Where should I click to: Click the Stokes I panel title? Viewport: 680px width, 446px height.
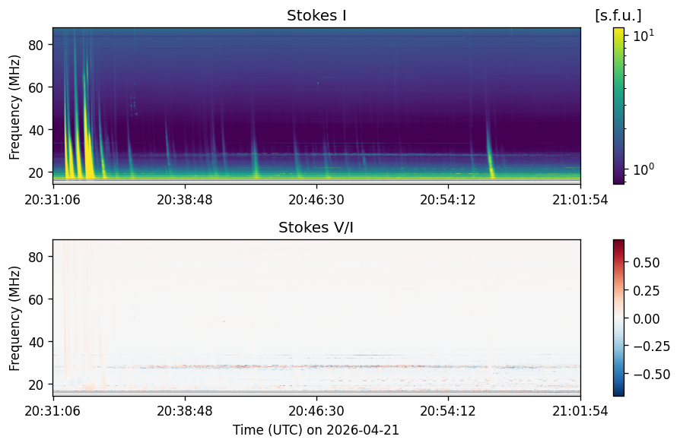tap(316, 16)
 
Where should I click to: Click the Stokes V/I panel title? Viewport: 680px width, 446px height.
tap(316, 228)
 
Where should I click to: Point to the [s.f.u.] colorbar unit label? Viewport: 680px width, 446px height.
tap(618, 16)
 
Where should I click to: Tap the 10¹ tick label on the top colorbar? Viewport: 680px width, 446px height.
tap(643, 36)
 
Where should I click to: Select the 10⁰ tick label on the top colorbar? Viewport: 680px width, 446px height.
tap(643, 169)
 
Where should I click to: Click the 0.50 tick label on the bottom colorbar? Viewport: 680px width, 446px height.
tap(647, 263)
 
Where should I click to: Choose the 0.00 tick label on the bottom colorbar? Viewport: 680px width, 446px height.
tap(647, 318)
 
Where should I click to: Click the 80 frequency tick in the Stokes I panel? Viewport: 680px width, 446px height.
tap(36, 45)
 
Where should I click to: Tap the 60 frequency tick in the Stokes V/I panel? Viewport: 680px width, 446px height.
tap(36, 299)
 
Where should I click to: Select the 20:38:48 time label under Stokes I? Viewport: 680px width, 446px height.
tap(185, 200)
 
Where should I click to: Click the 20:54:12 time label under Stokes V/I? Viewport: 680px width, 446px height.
tap(447, 411)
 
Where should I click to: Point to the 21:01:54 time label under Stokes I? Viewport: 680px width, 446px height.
tap(580, 200)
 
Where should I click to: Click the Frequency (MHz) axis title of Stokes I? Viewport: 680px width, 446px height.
tap(14, 107)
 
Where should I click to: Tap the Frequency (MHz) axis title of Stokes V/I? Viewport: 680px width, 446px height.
tap(14, 318)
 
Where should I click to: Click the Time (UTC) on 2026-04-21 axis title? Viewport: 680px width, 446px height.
tap(316, 430)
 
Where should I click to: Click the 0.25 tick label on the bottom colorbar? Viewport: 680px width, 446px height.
tap(647, 290)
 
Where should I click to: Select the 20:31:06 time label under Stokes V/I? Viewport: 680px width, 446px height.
tap(52, 411)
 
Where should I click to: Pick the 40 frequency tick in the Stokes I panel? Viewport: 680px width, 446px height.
tap(36, 131)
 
